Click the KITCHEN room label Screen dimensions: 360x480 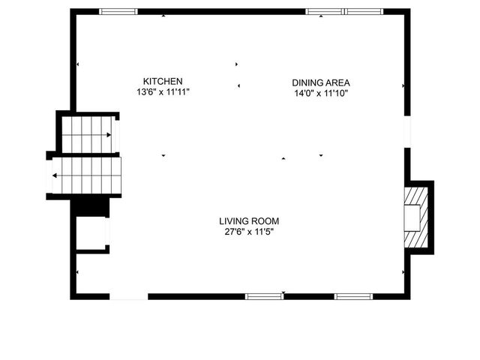163,81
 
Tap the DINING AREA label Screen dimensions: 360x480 321,82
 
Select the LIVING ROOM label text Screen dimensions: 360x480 249,221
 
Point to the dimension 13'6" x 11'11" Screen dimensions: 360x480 163,91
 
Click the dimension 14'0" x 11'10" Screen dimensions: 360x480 321,93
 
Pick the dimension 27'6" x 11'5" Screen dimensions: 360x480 249,232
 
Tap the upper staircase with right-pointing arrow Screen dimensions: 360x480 88,135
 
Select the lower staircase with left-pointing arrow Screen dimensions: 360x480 84,176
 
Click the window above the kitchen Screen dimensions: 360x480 118,11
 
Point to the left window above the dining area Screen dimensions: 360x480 324,11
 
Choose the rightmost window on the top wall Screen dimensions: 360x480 364,11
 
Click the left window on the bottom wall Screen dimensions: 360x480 265,296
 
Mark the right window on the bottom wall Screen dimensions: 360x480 353,296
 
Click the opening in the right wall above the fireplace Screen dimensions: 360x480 406,130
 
